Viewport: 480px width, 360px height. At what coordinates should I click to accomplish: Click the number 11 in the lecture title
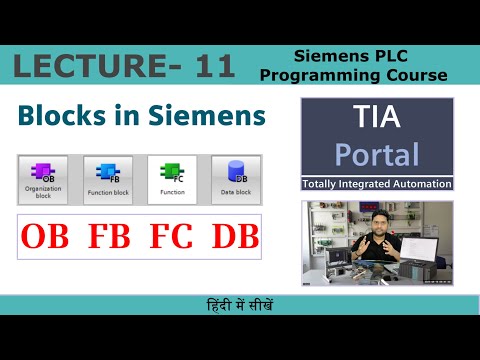coord(209,67)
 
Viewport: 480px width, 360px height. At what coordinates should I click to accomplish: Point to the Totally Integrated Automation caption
coord(378,184)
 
